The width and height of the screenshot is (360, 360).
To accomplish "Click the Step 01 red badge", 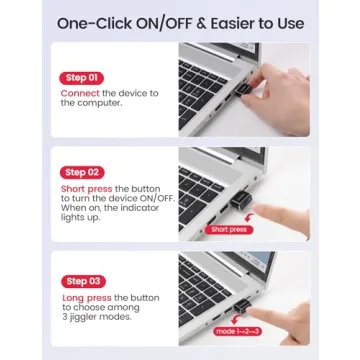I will pyautogui.click(x=81, y=77).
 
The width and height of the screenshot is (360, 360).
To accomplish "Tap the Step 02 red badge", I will pyautogui.click(x=81, y=171).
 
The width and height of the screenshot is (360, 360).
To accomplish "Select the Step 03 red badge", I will pyautogui.click(x=81, y=280).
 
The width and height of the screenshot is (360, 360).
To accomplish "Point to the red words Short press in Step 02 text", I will pyautogui.click(x=86, y=188).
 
